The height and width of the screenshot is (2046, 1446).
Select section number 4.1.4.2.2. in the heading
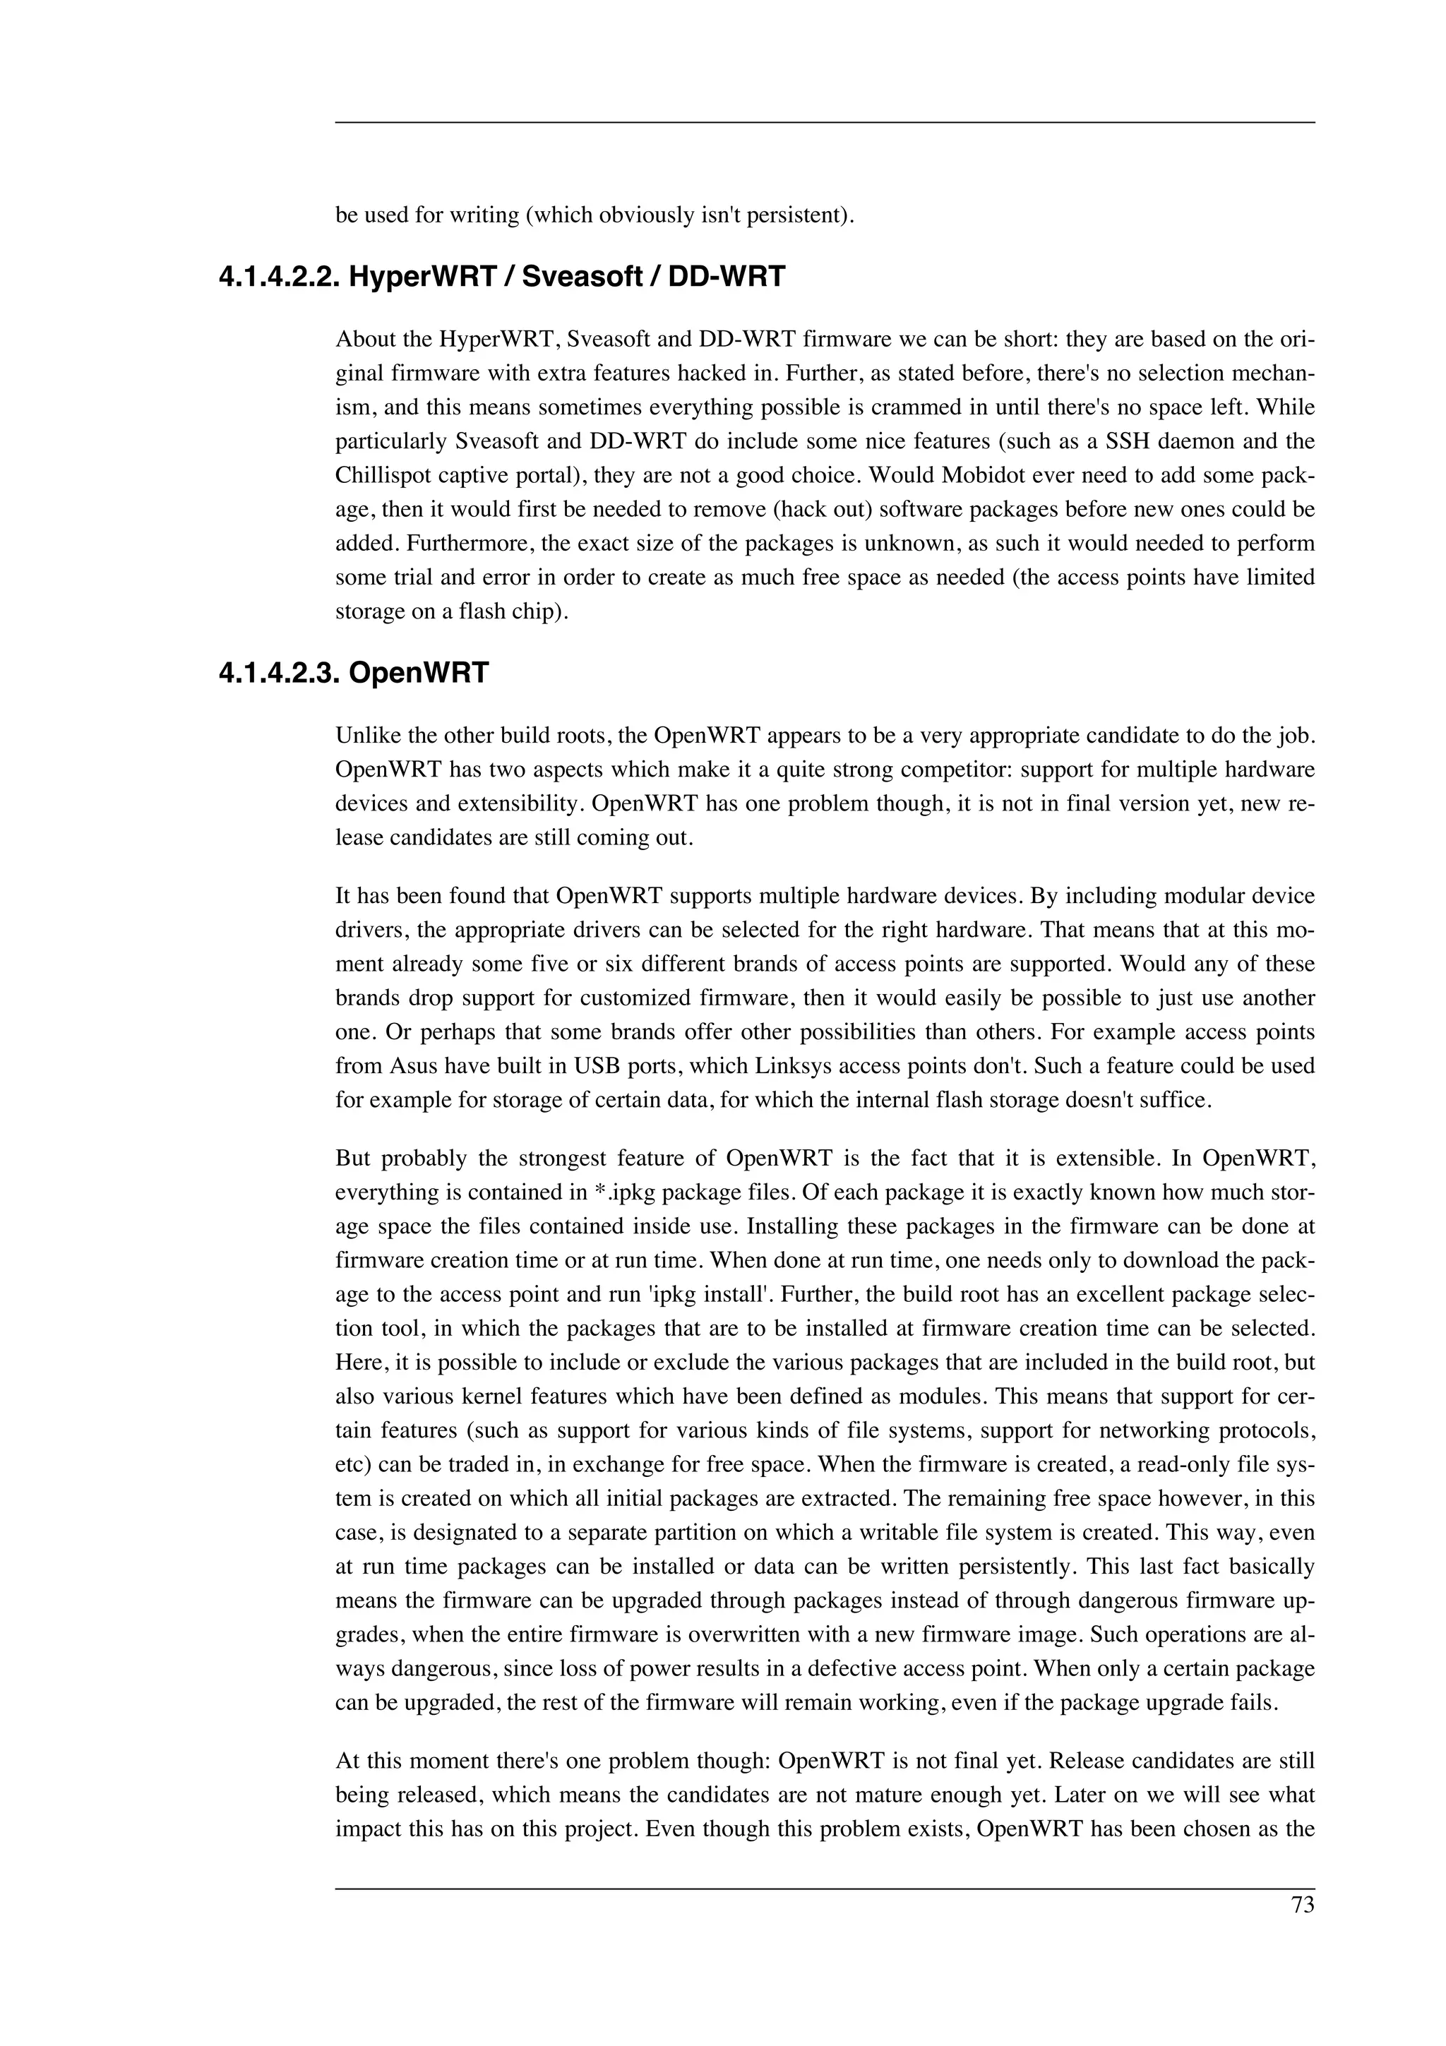[278, 277]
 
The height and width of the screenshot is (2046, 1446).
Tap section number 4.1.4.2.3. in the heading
[278, 672]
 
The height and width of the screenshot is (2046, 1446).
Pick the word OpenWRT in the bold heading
[419, 672]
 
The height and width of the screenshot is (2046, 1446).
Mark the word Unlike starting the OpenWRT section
[364, 736]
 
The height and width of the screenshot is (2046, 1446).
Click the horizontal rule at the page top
[824, 123]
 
